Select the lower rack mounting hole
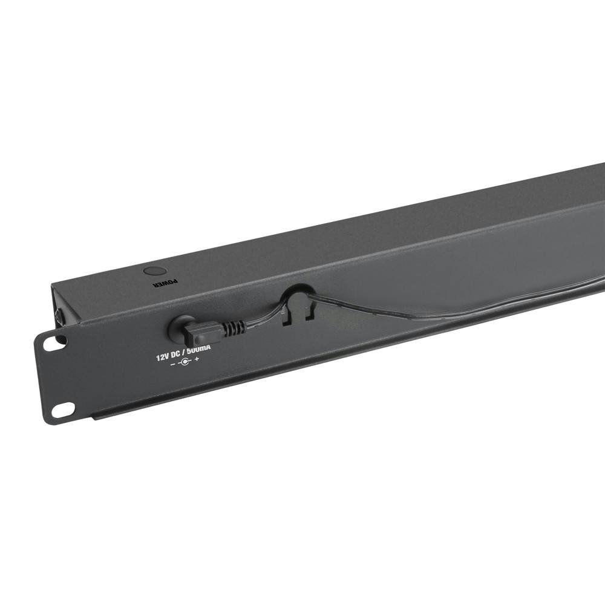pos(62,410)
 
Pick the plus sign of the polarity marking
pos(197,361)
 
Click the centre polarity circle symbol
pos(185,362)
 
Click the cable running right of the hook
pos(423,315)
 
